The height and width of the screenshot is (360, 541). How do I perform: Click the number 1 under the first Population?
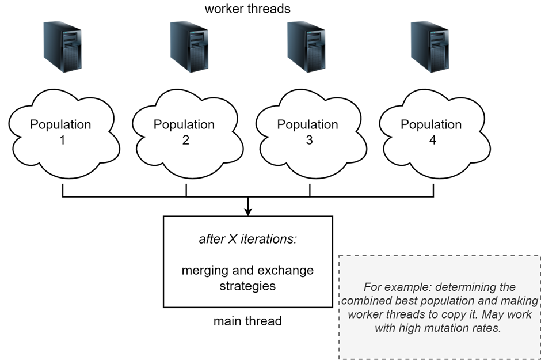62,140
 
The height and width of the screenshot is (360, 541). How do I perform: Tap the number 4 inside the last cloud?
432,140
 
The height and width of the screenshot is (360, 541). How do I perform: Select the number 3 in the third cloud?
309,140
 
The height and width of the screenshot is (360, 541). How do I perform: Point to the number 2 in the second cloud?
185,140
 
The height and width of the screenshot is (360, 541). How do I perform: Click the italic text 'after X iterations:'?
248,239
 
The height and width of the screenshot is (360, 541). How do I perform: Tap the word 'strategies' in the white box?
247,285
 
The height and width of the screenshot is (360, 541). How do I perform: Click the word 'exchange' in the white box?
289,270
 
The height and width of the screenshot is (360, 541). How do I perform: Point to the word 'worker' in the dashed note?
365,314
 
